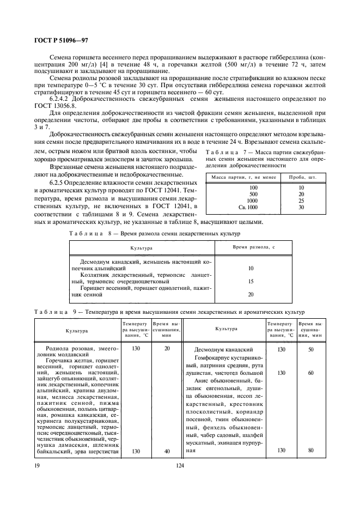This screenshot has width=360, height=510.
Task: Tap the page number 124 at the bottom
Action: pyautogui.click(x=180, y=466)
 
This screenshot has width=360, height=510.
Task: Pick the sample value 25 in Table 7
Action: pyautogui.click(x=301, y=201)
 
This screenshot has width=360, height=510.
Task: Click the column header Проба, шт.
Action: pyautogui.click(x=301, y=177)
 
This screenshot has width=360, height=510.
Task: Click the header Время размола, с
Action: pyautogui.click(x=251, y=248)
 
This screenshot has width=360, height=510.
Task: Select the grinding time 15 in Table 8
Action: pyautogui.click(x=251, y=281)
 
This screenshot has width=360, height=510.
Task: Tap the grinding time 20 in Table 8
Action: pyautogui.click(x=251, y=294)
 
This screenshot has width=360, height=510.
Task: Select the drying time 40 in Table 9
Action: pyautogui.click(x=167, y=451)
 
